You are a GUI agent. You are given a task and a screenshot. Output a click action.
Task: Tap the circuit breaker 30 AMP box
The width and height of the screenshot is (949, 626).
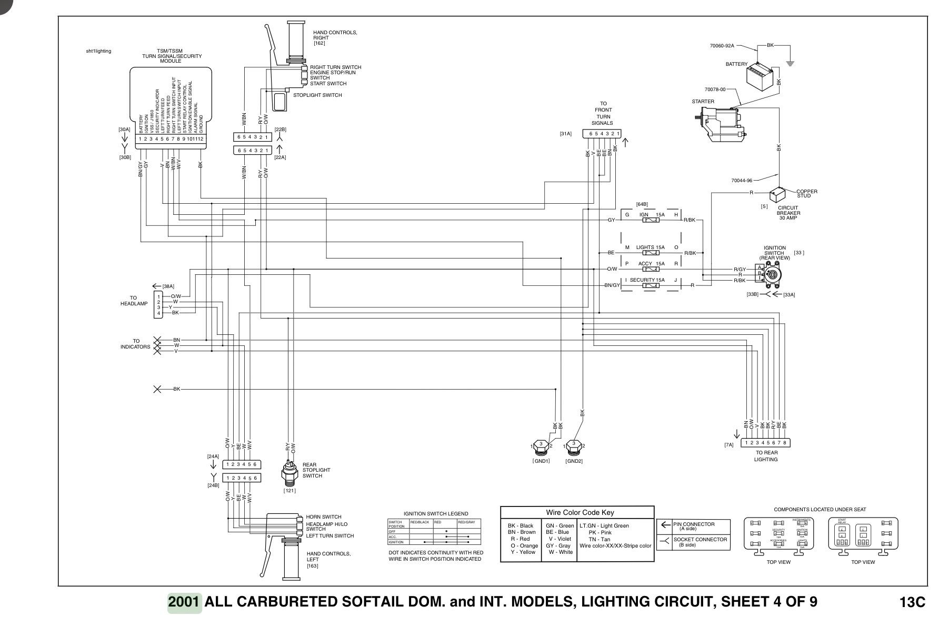pos(777,195)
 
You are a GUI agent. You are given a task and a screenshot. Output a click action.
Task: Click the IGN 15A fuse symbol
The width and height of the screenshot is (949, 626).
pos(652,220)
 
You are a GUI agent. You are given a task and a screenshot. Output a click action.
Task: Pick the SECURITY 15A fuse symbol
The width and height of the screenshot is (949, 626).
pos(652,285)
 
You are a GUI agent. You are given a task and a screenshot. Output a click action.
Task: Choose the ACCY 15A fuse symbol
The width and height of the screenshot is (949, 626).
pos(652,269)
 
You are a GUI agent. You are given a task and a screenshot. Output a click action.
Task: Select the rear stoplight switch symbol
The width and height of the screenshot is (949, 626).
pos(289,471)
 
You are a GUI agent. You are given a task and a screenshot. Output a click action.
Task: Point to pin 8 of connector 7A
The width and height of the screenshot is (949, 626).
pos(784,443)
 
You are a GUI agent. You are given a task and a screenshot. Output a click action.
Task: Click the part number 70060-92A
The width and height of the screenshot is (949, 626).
pos(722,46)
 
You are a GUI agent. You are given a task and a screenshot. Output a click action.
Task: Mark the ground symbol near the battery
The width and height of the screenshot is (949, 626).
pos(790,63)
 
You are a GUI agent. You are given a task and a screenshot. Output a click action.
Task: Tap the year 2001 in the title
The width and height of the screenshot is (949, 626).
pos(184,602)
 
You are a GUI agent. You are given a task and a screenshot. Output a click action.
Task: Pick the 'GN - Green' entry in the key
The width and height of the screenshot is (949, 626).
pos(560,525)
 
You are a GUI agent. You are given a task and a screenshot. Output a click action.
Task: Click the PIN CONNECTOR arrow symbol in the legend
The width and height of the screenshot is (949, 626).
pos(665,525)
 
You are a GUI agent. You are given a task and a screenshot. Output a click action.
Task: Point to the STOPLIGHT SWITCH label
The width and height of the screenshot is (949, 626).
pos(317,95)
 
